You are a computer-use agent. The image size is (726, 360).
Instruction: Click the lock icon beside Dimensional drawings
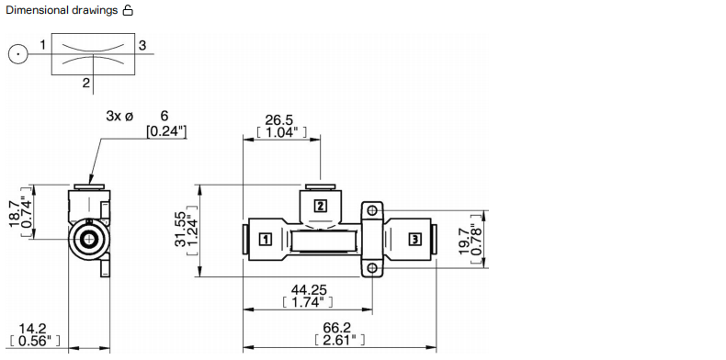tap(128, 10)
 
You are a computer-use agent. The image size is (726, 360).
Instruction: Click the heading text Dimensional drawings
tap(62, 10)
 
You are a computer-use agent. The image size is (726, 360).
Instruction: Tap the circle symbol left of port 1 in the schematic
tap(17, 54)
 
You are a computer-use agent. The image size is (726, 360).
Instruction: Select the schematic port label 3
tap(142, 45)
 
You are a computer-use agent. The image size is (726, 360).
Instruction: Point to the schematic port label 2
tap(86, 83)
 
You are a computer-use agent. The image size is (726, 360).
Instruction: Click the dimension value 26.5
tap(278, 119)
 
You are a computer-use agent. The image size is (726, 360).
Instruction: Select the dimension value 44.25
tap(309, 290)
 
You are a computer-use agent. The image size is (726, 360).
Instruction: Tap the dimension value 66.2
tap(337, 328)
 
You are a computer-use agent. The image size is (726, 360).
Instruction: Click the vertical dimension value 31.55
tap(182, 229)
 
